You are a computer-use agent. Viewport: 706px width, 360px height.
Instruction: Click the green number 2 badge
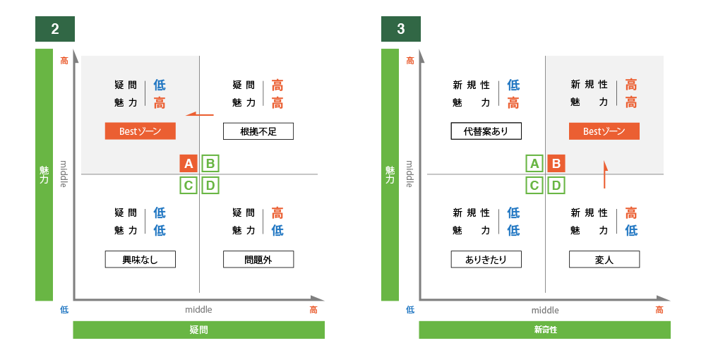55,30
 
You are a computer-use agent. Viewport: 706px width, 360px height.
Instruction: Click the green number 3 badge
401,30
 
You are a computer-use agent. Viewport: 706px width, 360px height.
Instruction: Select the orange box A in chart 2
189,164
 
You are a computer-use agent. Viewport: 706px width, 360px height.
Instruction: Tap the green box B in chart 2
210,164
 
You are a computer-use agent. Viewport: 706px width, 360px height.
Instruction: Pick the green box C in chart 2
189,186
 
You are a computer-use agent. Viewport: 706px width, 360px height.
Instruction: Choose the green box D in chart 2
210,186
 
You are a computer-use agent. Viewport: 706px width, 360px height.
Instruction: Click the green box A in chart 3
534,164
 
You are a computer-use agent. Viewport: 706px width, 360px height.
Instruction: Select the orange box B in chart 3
556,164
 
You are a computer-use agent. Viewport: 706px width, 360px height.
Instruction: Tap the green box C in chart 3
534,186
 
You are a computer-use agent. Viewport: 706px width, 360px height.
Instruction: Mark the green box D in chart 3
556,186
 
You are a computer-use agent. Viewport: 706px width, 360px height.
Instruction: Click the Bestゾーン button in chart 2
140,131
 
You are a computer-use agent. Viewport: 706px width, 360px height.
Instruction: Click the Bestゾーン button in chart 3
604,131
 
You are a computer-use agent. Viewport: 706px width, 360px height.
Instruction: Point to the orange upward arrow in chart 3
605,174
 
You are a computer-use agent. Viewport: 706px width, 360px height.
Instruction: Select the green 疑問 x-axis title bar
198,330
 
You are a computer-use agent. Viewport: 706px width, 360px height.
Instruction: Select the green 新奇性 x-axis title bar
544,330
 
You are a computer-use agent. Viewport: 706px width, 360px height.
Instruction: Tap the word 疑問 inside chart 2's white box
126,85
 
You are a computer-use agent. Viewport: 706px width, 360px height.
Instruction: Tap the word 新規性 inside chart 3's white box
589,85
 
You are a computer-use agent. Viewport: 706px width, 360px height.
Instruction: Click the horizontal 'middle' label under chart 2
198,310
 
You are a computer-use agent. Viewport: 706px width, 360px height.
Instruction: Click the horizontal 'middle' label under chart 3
544,310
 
